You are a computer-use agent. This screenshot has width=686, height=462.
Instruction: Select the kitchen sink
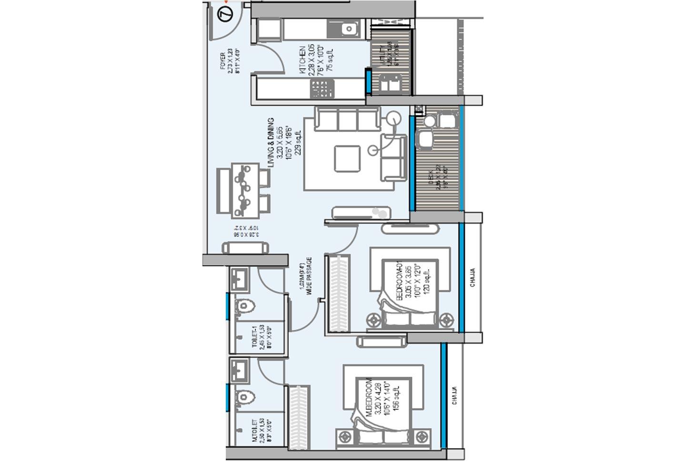point(350,30)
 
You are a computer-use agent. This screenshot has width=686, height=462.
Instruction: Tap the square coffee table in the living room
point(347,159)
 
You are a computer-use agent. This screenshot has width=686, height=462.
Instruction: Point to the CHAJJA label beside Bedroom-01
point(473,277)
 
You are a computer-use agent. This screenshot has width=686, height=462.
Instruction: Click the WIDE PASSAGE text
point(309,277)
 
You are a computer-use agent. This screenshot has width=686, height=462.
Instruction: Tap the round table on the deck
point(424,140)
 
